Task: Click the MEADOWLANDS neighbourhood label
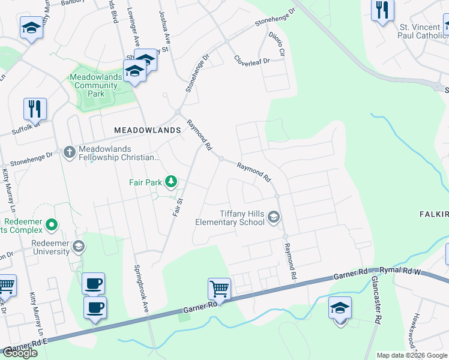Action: click(147, 130)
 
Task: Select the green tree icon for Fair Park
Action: click(171, 181)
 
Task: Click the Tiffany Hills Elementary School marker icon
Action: click(274, 217)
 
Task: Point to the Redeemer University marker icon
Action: click(78, 247)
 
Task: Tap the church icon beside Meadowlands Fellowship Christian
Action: click(69, 152)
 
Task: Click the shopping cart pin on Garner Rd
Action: click(219, 289)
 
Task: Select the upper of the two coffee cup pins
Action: click(93, 283)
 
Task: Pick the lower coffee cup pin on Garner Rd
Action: click(95, 308)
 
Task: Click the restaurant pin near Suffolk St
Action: click(35, 109)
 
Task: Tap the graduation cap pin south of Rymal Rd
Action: click(340, 308)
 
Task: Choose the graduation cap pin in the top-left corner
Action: click(31, 28)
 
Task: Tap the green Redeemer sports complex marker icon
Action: click(51, 226)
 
